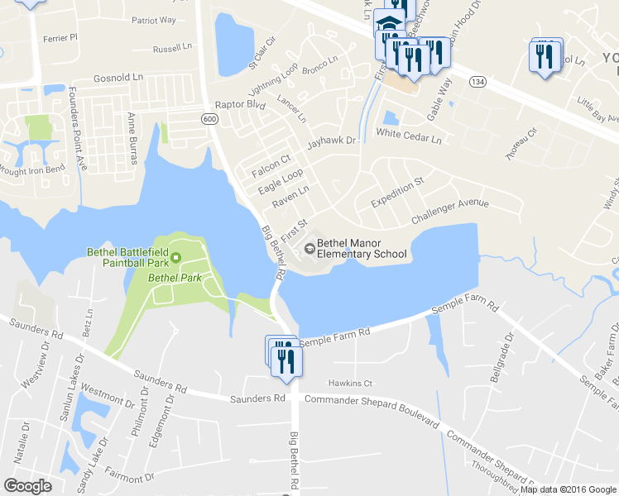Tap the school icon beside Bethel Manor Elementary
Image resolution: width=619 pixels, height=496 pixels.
pos(309,246)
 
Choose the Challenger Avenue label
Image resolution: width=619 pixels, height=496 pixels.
pos(450,212)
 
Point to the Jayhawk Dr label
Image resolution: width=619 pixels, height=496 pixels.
pos(331,141)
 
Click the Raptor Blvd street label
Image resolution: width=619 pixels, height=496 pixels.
pos(239,106)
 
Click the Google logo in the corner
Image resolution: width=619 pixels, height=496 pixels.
pos(27,486)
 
